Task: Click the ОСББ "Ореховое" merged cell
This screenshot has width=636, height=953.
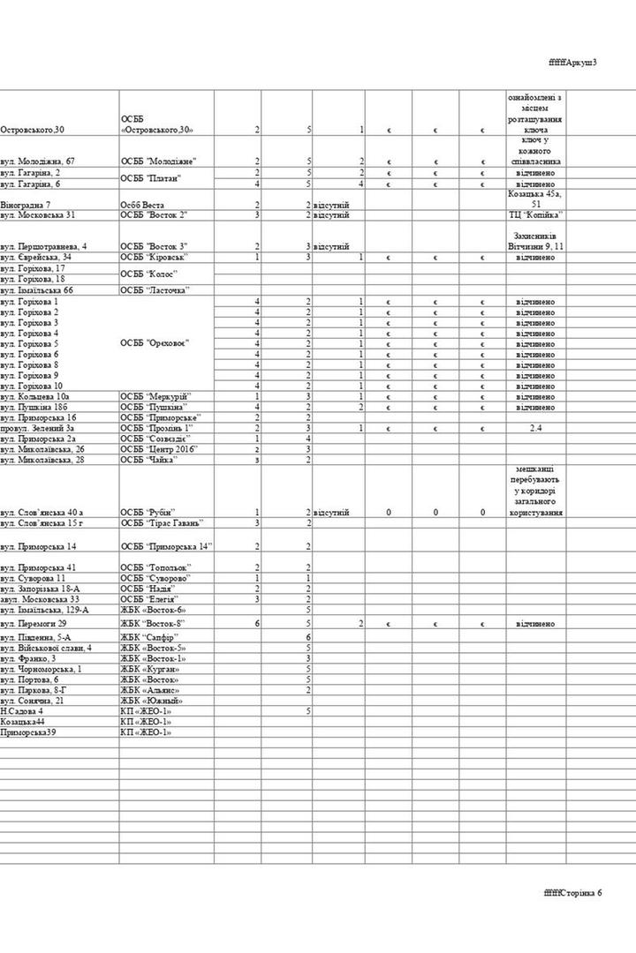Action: (x=155, y=343)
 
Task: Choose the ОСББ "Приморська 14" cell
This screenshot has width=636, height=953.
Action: (x=167, y=546)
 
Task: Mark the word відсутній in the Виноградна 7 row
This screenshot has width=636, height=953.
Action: (x=332, y=204)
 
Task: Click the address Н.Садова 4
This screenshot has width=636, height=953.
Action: (x=23, y=710)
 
